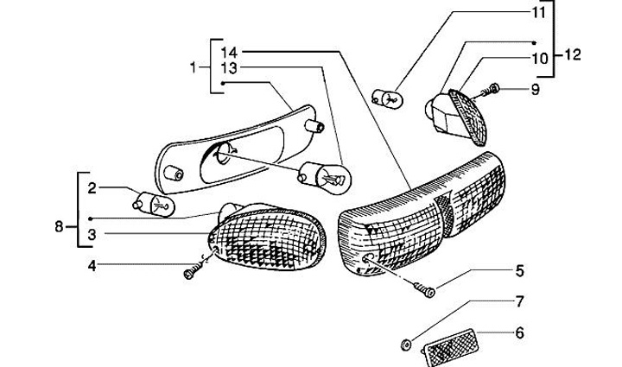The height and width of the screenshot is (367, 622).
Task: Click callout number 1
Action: (x=194, y=66)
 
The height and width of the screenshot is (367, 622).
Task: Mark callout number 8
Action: (x=59, y=227)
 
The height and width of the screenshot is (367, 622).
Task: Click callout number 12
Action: (x=574, y=54)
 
